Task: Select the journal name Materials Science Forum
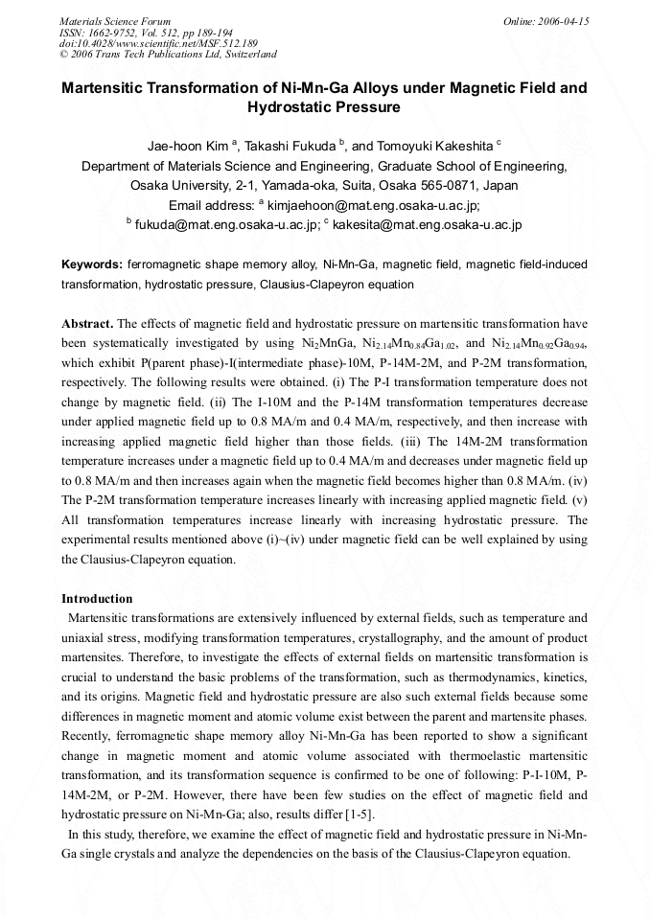click(115, 21)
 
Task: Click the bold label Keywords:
click(92, 264)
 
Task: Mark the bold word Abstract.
click(86, 324)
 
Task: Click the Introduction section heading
click(97, 599)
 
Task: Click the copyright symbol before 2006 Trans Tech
click(63, 55)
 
